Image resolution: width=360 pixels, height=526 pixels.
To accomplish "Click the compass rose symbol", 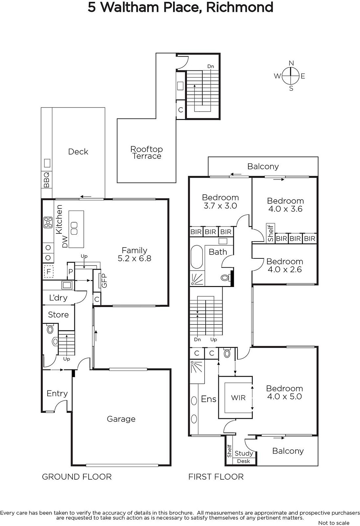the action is coord(291,76).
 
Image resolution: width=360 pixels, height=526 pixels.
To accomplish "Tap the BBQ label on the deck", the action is coord(47,180).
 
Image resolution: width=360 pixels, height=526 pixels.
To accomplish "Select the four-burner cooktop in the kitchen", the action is coord(48,222).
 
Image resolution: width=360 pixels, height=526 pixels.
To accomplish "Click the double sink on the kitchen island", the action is coord(74,228).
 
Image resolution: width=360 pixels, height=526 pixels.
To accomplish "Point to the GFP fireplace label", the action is coord(104,281).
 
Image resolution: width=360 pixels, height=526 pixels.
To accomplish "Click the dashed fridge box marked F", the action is coord(49,272).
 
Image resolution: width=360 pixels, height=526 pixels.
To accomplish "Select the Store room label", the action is coord(58,315).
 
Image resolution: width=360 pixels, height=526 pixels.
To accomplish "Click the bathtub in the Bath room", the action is coord(197,257).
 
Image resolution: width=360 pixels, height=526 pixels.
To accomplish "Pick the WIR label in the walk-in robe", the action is coord(238,398).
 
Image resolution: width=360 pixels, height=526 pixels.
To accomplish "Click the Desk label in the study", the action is coord(243,461).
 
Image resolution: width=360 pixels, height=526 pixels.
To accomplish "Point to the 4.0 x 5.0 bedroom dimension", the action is coord(284,396).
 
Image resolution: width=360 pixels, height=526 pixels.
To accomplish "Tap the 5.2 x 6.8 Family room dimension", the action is coord(134,258).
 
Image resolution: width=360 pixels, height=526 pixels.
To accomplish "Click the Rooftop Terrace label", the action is coord(146,153).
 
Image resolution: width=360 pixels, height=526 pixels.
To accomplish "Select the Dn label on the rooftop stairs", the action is coord(211,66).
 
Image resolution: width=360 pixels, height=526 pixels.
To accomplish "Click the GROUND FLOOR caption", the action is coord(77,477).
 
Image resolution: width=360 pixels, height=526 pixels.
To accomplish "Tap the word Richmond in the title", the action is coord(239,7).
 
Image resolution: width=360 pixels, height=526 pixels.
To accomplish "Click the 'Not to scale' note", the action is coord(334,523).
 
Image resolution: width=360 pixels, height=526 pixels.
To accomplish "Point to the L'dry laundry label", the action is coord(58,298).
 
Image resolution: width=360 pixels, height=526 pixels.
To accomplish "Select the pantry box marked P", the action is coord(71,272).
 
